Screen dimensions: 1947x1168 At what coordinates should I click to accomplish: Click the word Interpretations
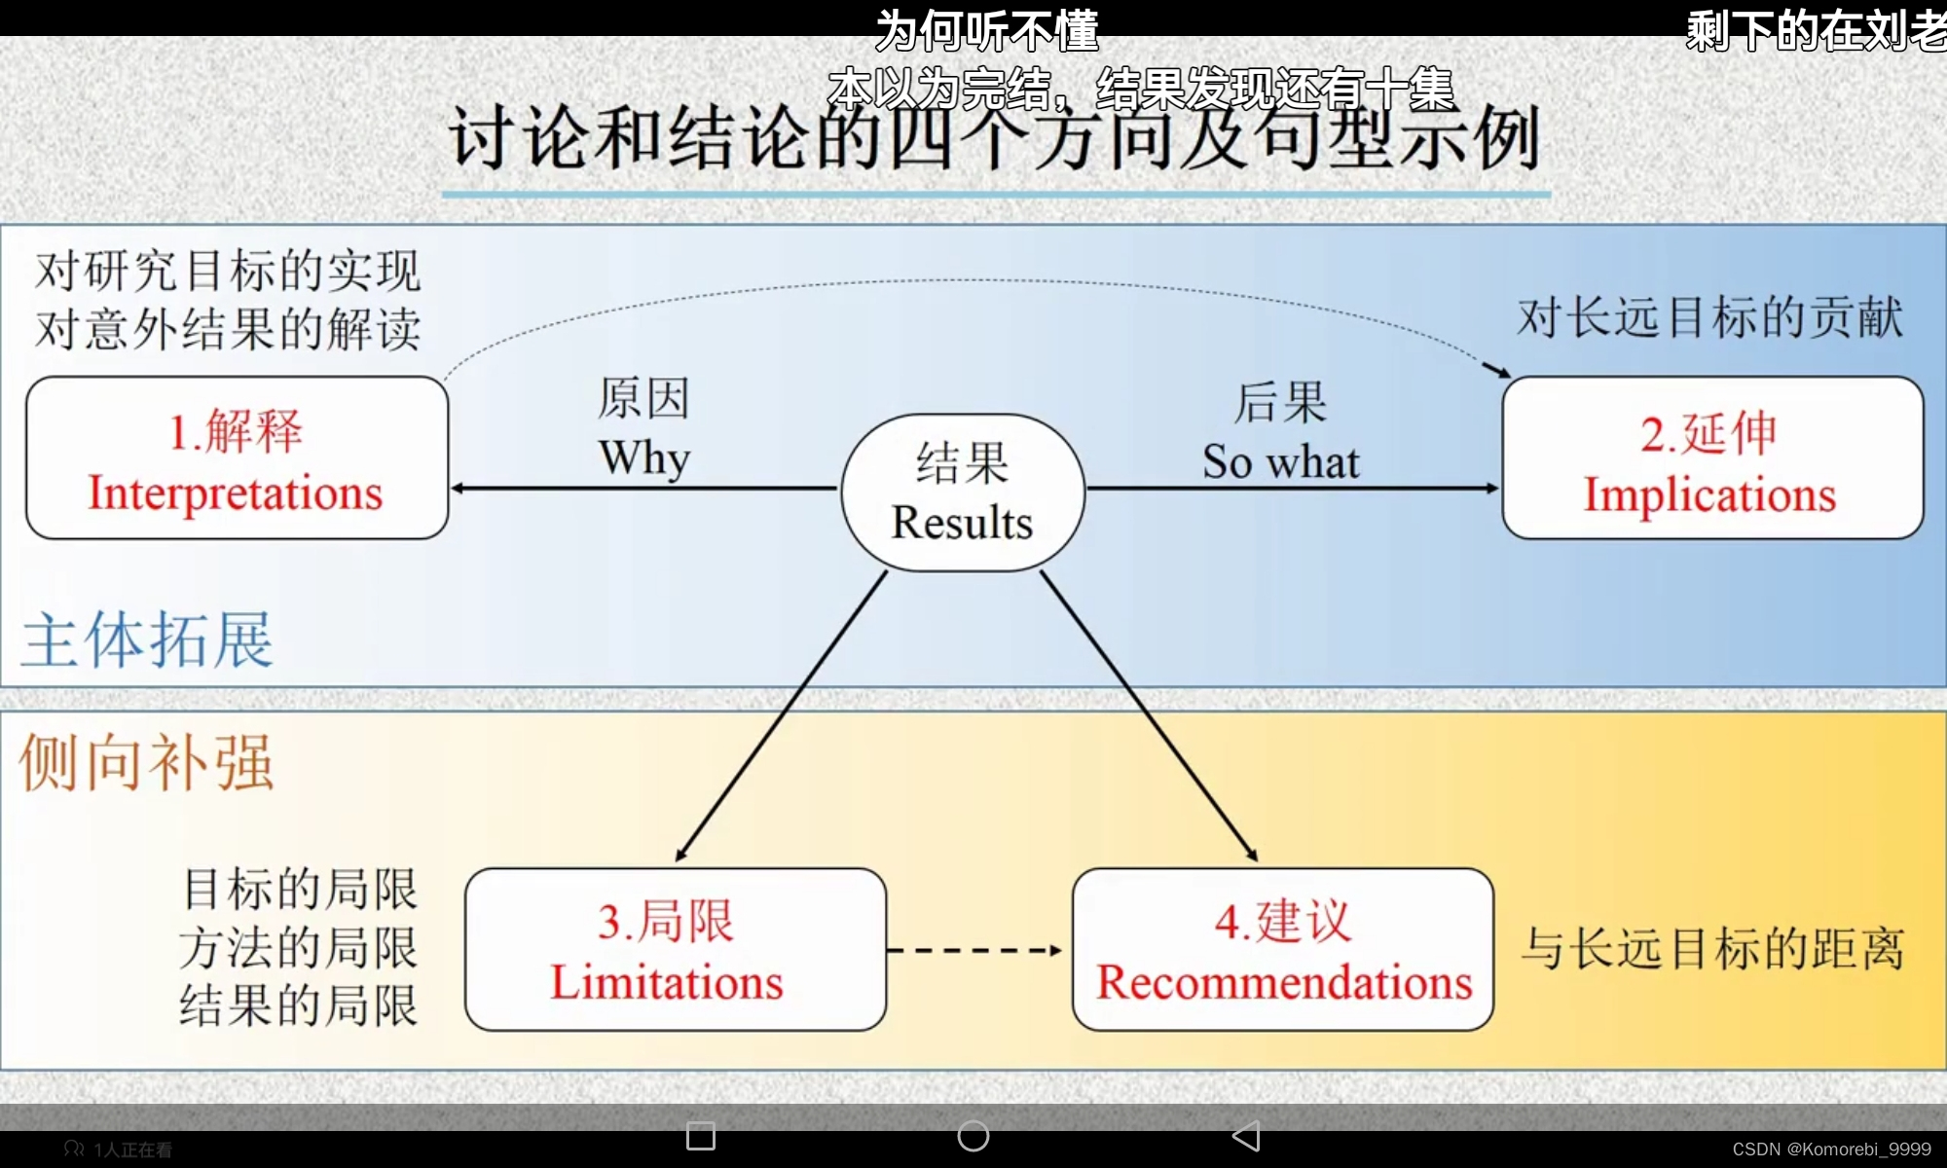[x=236, y=493]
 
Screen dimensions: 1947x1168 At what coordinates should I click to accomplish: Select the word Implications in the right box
[x=1709, y=495]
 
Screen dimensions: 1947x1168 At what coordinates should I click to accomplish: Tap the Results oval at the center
[x=963, y=493]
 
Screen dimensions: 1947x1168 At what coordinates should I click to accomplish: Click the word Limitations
[x=667, y=982]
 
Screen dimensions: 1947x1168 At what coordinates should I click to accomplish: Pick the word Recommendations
[x=1284, y=982]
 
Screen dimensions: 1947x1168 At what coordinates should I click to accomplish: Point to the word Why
[x=644, y=457]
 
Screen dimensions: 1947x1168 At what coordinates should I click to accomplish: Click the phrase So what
[x=1280, y=462]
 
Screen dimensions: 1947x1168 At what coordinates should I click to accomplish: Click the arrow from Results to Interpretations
[x=643, y=488]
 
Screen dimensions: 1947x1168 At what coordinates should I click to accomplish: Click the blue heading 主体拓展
[x=147, y=640]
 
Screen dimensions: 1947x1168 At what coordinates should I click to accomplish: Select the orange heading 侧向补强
[x=147, y=762]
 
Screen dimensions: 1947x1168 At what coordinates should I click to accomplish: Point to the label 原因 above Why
[x=643, y=399]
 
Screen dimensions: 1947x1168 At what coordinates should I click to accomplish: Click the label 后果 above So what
[x=1280, y=403]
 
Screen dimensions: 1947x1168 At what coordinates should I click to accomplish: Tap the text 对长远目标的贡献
[x=1709, y=318]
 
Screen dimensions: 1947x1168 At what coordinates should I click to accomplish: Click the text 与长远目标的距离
[x=1712, y=949]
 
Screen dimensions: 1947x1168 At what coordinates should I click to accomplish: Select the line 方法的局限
[x=299, y=948]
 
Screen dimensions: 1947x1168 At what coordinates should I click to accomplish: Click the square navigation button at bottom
[x=701, y=1136]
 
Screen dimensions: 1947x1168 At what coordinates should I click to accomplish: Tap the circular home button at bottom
[x=973, y=1136]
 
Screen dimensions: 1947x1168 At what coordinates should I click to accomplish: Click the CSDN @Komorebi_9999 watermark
[x=1831, y=1150]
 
